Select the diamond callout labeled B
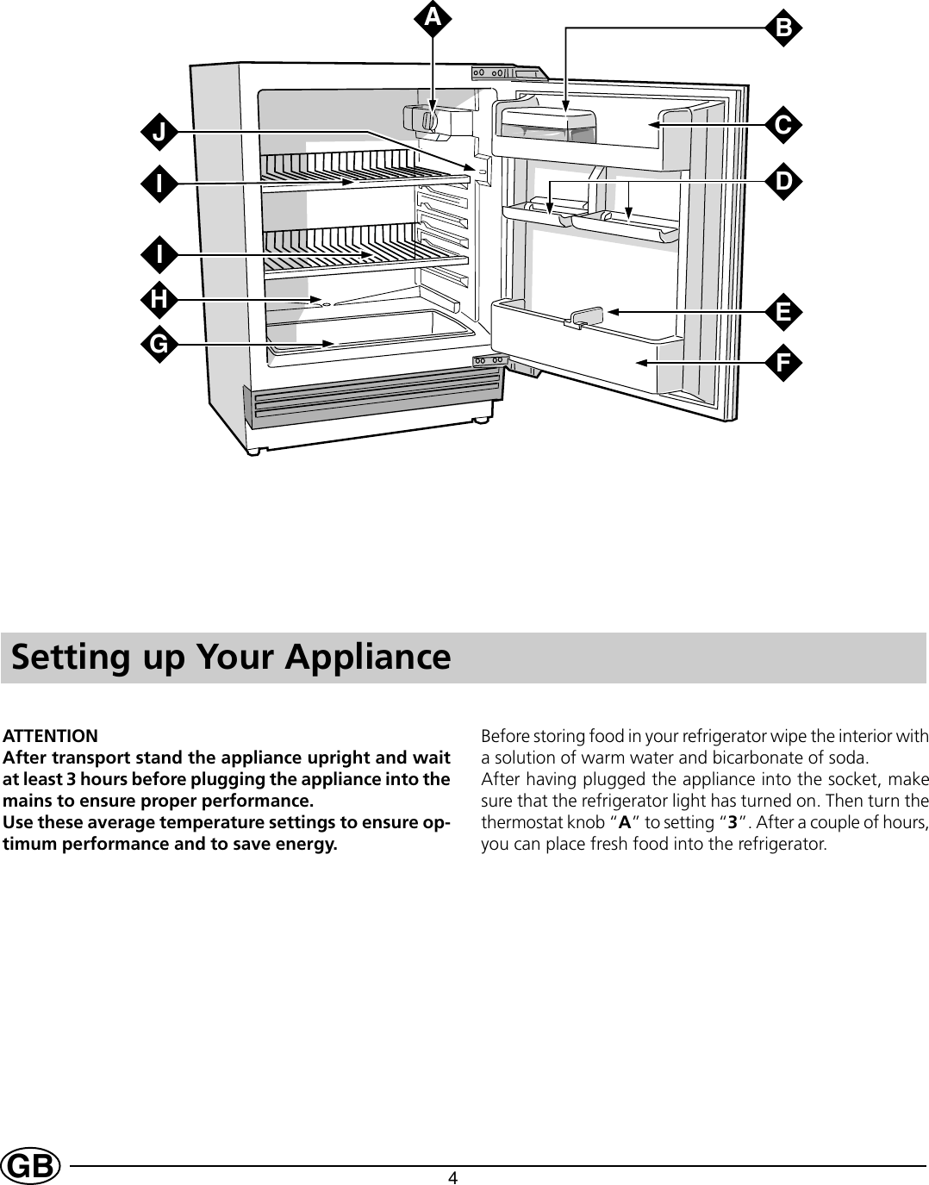[782, 28]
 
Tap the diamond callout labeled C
[782, 125]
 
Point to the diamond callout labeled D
[782, 182]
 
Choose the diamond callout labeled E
[782, 311]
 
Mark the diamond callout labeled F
[782, 363]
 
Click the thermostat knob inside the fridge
[428, 120]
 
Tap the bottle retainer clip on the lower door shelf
[585, 316]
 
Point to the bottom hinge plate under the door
[488, 360]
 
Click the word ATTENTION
[51, 736]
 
